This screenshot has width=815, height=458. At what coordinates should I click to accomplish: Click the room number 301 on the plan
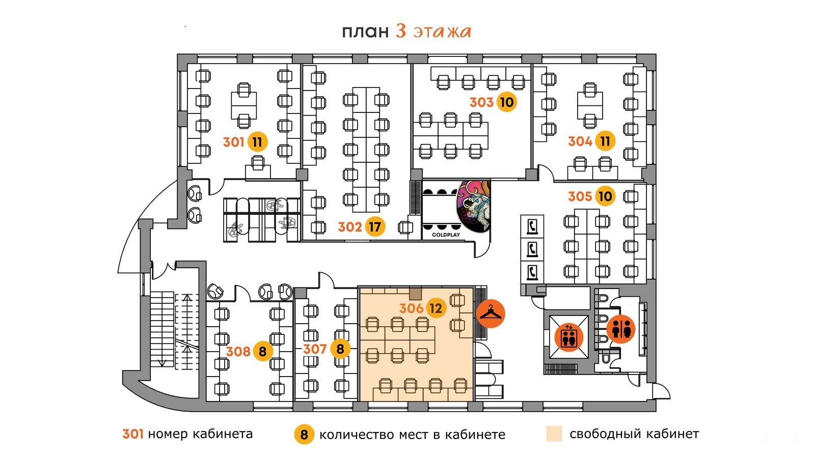pos(234,142)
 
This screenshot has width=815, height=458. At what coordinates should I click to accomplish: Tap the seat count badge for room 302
pos(375,227)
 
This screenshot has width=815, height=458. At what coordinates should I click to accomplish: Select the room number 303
pos(481,102)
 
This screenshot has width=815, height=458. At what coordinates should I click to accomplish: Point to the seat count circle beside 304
pos(605,140)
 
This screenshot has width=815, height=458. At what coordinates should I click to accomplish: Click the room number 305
pos(580,196)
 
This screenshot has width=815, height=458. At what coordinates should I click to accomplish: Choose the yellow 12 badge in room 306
pos(436,308)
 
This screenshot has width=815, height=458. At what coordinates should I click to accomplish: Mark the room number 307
pos(315,349)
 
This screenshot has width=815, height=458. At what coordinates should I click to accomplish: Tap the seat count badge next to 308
pos(263,351)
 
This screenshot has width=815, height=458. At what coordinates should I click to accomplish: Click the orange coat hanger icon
pos(491,313)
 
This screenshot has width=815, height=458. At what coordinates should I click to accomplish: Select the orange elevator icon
pos(568,336)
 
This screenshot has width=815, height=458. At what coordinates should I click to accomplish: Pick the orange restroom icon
pos(621,329)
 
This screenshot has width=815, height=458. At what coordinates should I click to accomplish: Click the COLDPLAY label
pos(446,235)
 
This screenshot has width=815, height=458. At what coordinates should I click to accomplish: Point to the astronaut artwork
pos(473,207)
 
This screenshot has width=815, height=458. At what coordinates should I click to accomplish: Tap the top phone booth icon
pos(532,226)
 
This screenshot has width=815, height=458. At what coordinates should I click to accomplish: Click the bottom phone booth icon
pos(532,272)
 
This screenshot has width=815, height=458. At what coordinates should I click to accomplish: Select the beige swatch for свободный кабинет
pos(554,434)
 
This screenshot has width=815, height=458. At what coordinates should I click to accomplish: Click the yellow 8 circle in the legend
pos(304,434)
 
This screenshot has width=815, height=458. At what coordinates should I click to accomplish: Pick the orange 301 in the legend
pos(133,434)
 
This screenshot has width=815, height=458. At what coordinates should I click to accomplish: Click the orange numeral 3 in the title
pos(401,31)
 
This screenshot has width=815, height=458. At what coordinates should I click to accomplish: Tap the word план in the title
pos(365,32)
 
